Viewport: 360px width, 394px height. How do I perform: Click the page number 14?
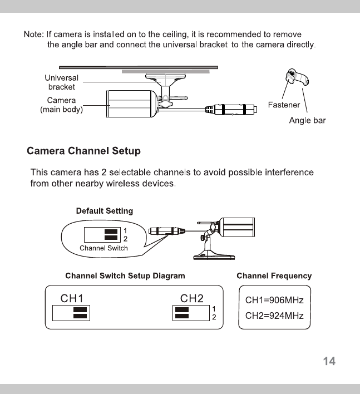coord(329,361)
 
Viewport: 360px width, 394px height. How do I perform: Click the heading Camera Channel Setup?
coord(84,151)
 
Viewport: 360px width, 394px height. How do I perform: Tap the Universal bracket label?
coord(61,82)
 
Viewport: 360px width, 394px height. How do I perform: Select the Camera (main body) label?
coord(61,105)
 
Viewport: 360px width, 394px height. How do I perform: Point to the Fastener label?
coord(284,105)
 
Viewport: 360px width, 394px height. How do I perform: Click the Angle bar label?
coord(307,120)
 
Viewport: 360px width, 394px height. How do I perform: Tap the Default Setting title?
coord(104,211)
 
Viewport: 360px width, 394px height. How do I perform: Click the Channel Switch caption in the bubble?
coord(103,248)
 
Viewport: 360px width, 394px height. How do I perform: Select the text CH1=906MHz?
coord(274,301)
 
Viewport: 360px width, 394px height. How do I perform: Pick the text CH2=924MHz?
coord(274,316)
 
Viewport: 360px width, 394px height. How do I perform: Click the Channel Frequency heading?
coord(274,275)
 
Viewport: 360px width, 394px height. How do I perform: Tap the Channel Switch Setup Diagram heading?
coord(125,275)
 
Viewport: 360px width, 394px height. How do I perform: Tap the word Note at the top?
coord(33,35)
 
